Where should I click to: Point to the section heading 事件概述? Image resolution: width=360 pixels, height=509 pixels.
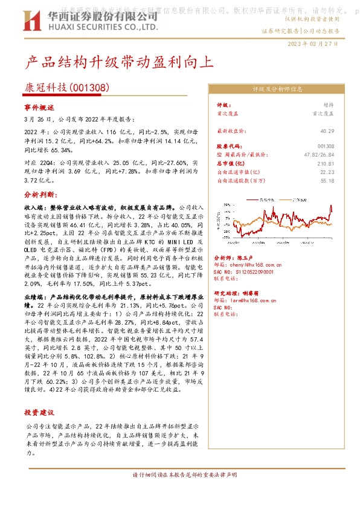(39, 107)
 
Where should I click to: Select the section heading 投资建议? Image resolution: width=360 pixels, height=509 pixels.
(39, 413)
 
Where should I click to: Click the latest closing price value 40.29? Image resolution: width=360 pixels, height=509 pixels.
(327, 131)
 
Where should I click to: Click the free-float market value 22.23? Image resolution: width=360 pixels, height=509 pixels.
(327, 172)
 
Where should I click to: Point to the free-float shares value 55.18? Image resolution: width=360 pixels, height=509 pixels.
(327, 180)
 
